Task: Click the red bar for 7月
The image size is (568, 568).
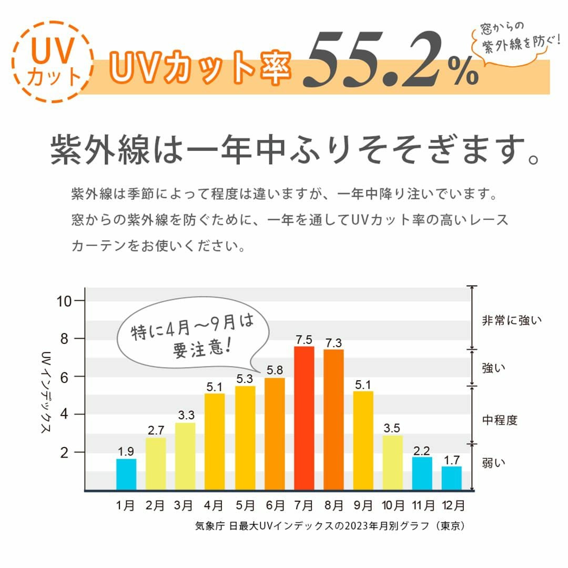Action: [304, 418]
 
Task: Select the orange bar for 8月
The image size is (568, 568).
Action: [333, 419]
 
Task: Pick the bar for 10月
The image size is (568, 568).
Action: [393, 463]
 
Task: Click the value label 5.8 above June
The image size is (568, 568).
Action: [275, 370]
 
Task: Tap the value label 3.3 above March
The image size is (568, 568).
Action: [186, 415]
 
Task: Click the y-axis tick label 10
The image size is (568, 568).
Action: [65, 301]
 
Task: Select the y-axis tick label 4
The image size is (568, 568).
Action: [65, 414]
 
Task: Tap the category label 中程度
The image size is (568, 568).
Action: [500, 420]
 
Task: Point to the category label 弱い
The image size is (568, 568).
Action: [493, 463]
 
